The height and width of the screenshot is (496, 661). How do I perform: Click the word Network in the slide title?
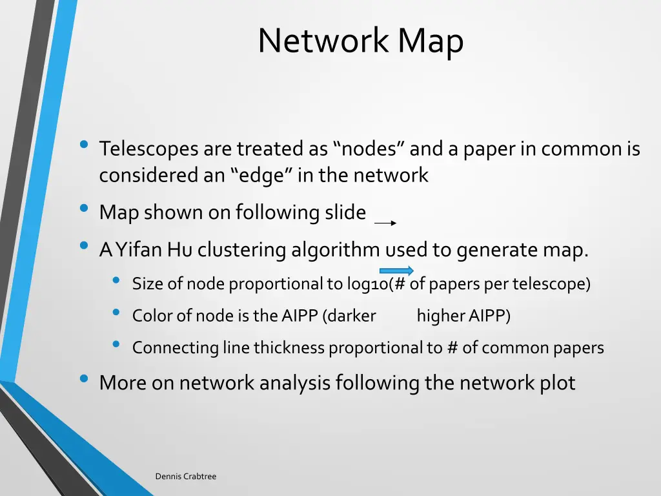(323, 41)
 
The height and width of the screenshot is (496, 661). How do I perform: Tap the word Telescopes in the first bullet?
(149, 149)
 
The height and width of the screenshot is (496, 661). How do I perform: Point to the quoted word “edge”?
(261, 175)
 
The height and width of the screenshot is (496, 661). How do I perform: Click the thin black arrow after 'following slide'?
(385, 223)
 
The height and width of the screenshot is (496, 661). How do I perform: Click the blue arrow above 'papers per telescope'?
(396, 271)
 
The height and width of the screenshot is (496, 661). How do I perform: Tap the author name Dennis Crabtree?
(185, 477)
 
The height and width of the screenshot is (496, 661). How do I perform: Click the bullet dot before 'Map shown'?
(84, 209)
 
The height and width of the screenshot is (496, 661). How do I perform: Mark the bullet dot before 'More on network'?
(84, 379)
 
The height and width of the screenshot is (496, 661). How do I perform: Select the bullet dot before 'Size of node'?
(116, 280)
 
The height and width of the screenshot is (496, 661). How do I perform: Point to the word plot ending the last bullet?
(557, 383)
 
